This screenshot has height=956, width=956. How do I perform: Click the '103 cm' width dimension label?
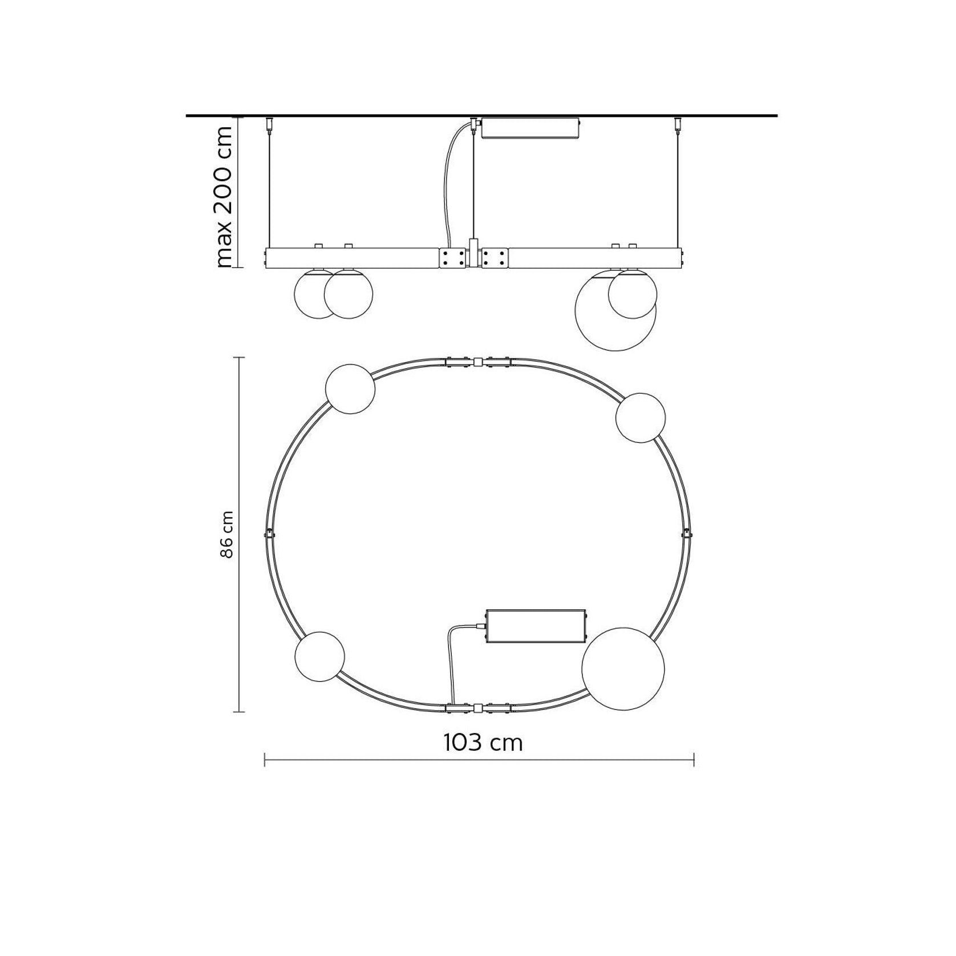[483, 742]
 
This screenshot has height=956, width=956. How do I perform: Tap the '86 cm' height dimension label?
[227, 534]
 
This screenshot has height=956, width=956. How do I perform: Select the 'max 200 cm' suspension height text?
[224, 196]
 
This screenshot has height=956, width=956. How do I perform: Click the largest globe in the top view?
[623, 669]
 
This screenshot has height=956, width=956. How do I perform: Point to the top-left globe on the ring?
[350, 388]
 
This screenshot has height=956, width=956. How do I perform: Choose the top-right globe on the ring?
[640, 418]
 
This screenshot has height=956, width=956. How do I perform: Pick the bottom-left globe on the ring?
[319, 656]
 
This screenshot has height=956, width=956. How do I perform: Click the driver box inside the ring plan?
[535, 626]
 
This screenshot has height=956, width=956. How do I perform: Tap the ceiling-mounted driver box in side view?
[530, 128]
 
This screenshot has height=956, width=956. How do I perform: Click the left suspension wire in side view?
[269, 188]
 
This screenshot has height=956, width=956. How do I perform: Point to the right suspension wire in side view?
[678, 188]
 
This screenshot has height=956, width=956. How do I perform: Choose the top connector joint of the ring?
[478, 362]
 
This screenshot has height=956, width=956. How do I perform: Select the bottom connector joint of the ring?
[478, 708]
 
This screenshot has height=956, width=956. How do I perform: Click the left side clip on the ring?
[269, 534]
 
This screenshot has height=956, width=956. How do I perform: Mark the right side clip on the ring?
[687, 534]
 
